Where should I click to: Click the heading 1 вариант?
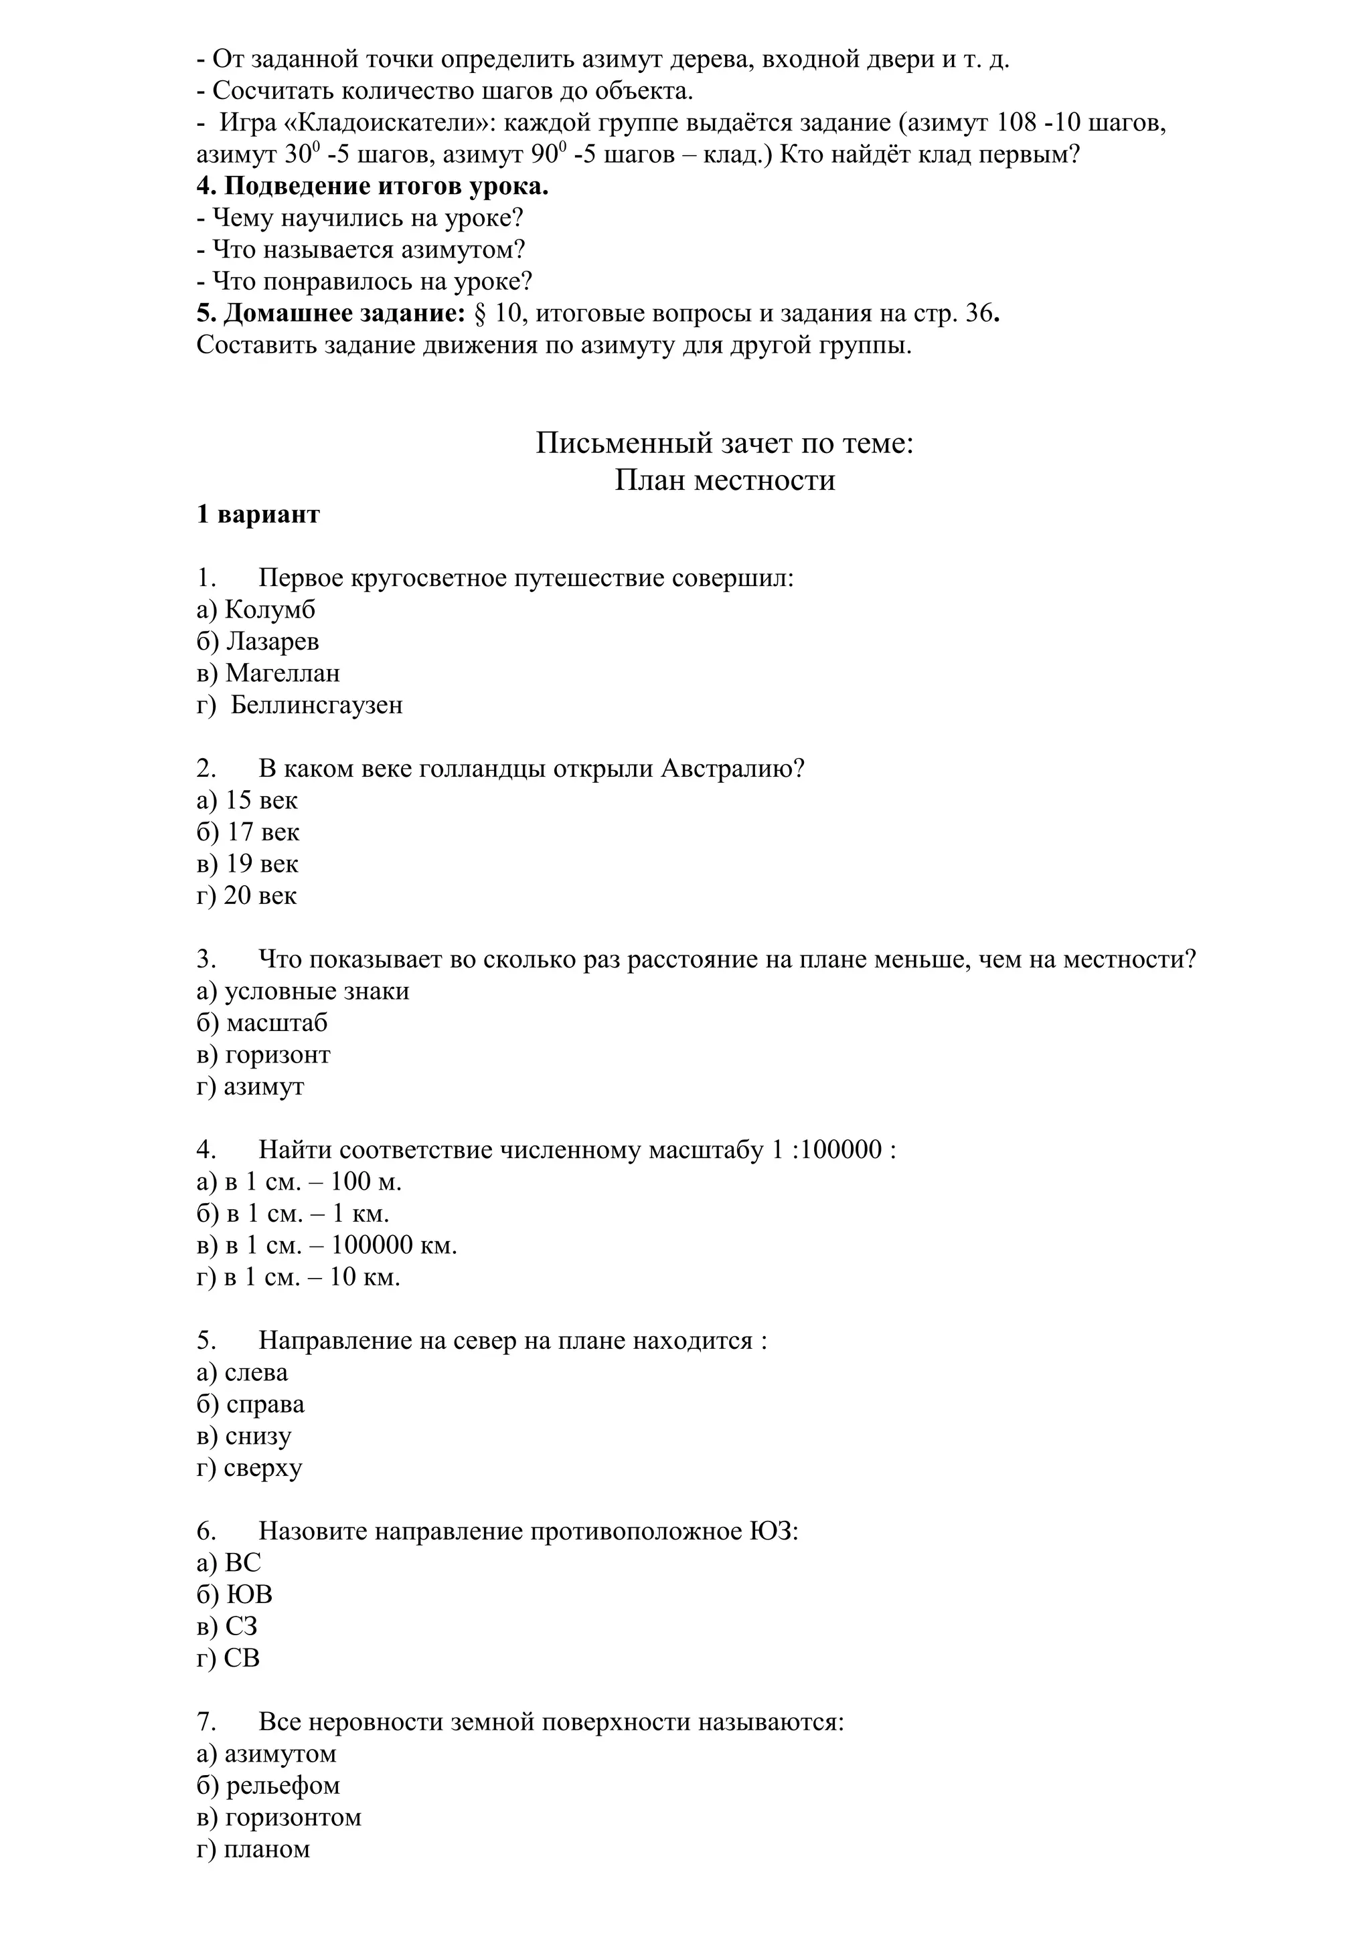258,515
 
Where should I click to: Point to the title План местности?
725,480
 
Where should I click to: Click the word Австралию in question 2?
732,769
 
